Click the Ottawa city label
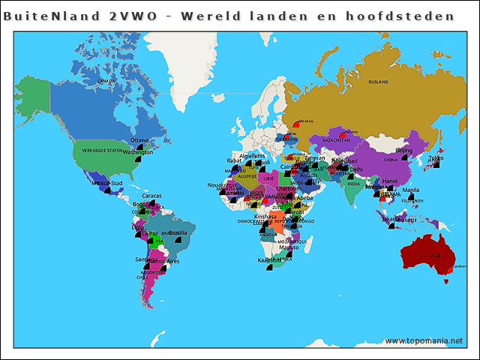pyautogui.click(x=139, y=140)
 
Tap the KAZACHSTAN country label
pyautogui.click(x=337, y=140)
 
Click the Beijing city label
pyautogui.click(x=403, y=151)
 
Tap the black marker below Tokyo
pyautogui.click(x=437, y=166)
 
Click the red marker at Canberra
pyautogui.click(x=448, y=270)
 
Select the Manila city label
pyautogui.click(x=410, y=190)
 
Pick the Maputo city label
pyautogui.click(x=289, y=247)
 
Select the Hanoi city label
pyautogui.click(x=390, y=181)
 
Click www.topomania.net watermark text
pyautogui.click(x=424, y=341)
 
